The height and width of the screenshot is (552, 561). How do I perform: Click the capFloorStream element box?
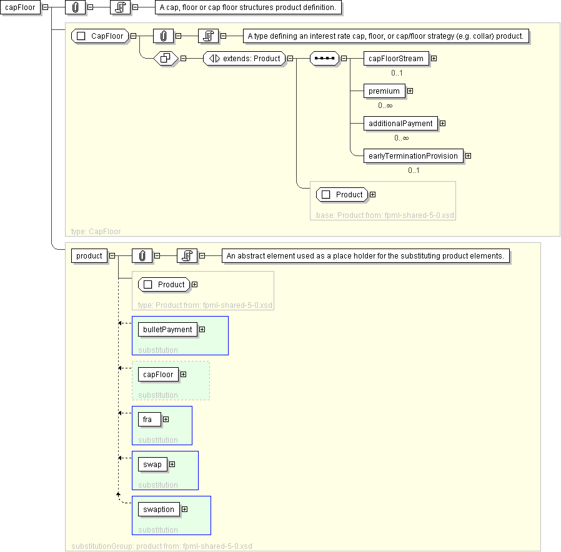coord(396,58)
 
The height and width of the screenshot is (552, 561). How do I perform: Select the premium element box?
coord(384,91)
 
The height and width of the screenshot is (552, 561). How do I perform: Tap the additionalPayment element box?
coord(400,124)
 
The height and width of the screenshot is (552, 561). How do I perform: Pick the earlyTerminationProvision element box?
coord(413,156)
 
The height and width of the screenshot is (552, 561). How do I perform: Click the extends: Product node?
coord(244,58)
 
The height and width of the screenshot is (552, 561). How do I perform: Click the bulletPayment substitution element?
coord(167,329)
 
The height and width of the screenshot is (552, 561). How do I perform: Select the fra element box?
coord(149,420)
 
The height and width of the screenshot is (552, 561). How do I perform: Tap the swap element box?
coord(152,465)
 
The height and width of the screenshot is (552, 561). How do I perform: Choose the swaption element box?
coord(159,510)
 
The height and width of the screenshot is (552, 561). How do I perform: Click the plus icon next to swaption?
coord(185,509)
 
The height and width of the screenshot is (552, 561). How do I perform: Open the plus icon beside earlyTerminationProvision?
coord(469,155)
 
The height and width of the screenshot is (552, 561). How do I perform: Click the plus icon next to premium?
coord(410,91)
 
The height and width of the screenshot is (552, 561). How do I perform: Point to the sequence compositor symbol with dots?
coord(324,58)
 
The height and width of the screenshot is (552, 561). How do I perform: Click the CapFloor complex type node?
coord(100,36)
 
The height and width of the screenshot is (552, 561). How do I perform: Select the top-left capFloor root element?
coord(20,7)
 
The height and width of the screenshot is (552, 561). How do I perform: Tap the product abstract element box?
coord(89,255)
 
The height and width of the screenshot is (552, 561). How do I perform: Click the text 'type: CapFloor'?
coord(96,231)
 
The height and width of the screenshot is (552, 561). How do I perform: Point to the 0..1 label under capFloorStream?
coord(397,73)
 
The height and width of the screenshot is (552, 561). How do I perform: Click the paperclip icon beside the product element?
coord(142,255)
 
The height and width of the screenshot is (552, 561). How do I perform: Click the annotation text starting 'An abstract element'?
coord(365,255)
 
